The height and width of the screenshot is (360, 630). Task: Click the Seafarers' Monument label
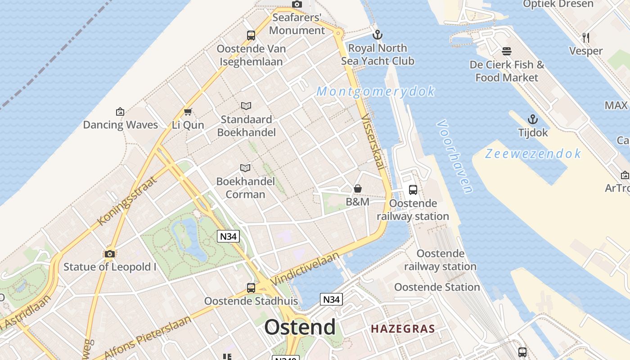click(x=297, y=24)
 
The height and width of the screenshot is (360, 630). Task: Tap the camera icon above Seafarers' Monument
click(x=297, y=4)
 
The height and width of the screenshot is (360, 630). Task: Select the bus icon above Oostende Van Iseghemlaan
click(x=251, y=35)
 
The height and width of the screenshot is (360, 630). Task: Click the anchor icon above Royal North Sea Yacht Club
click(x=378, y=35)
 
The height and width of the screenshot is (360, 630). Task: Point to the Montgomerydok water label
click(x=376, y=91)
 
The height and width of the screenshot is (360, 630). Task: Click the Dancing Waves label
click(x=120, y=125)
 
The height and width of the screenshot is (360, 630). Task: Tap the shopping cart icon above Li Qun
click(x=188, y=112)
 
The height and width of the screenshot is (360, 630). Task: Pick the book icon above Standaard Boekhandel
click(x=246, y=106)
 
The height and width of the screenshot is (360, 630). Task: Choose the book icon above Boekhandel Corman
click(x=245, y=168)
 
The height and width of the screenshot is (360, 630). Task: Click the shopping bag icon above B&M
click(x=358, y=189)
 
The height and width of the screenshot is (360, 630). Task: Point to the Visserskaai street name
click(x=373, y=142)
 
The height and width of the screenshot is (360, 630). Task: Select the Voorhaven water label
click(x=454, y=156)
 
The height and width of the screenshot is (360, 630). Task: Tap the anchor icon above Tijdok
click(x=533, y=120)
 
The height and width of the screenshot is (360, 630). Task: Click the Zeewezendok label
click(x=533, y=154)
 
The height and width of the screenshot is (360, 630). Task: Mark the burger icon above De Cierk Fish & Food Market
click(x=507, y=51)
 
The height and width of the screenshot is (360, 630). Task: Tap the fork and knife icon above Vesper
click(x=585, y=37)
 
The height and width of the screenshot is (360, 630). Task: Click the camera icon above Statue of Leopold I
click(x=109, y=254)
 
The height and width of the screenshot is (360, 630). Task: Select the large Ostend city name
click(x=300, y=327)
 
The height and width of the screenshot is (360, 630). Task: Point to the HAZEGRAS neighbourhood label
click(x=403, y=329)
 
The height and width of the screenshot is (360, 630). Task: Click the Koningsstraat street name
click(x=127, y=201)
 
